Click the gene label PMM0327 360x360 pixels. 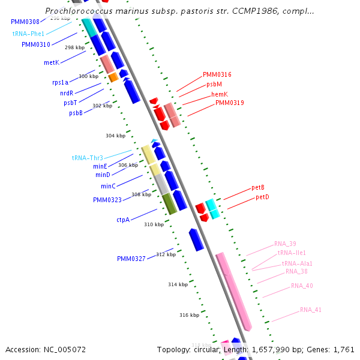tap(131, 259)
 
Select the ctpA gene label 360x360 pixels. tap(123, 220)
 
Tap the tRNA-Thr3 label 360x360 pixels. tap(88, 158)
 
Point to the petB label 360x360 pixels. tap(258, 188)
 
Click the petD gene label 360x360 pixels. tap(262, 197)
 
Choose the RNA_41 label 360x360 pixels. tap(311, 310)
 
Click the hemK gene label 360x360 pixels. tap(219, 94)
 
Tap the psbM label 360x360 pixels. tap(214, 85)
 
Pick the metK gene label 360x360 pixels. tap(52, 62)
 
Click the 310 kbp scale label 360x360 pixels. tap(154, 224)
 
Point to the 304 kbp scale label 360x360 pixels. tap(115, 136)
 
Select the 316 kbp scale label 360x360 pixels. tap(189, 314)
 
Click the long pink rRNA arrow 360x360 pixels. tap(234, 291)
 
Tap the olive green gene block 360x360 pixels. tap(170, 204)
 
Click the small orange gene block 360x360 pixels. tap(113, 77)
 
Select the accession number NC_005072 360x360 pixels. tap(46, 349)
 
